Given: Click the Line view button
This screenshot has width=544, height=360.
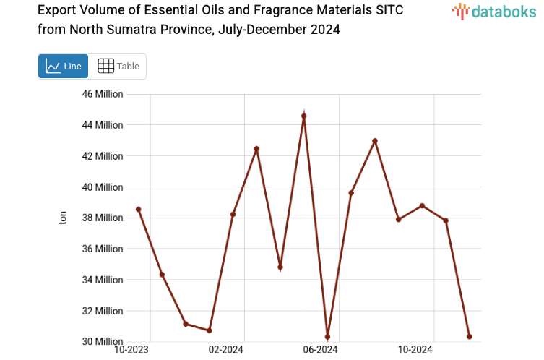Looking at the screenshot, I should pos(63,67).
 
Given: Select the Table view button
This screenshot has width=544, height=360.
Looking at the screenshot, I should pos(118,67).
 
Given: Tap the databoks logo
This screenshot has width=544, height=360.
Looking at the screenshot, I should pos(493,11).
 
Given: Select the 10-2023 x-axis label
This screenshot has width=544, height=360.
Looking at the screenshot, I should pos(132,350).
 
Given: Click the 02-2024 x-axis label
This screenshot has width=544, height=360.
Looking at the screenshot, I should pos(227,350).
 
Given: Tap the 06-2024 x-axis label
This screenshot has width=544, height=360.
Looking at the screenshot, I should pos(321,350).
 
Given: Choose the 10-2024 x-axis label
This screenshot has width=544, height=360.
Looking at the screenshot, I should pos(415,350).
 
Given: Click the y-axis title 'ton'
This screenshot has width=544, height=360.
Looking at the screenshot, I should pos(63,218).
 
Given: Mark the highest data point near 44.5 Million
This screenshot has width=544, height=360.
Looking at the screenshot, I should pos(304,116).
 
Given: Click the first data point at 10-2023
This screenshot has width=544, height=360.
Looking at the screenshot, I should pos(139,210).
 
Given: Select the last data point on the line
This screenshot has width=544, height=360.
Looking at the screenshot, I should pos(470,337).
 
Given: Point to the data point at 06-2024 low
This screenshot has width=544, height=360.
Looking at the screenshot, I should pos(328,337).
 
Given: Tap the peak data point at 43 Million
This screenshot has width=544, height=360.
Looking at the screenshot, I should pos(375,141).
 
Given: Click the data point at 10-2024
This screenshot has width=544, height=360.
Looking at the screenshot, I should pos(422,206).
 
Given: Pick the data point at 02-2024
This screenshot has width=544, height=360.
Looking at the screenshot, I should pos(233,215).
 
